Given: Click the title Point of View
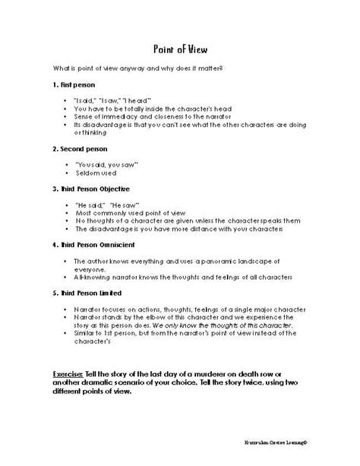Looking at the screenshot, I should (x=179, y=46).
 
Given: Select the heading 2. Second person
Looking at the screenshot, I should (x=81, y=149).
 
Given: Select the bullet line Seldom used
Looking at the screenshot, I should (x=96, y=173).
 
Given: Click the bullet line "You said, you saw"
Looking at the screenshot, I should (x=104, y=164).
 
